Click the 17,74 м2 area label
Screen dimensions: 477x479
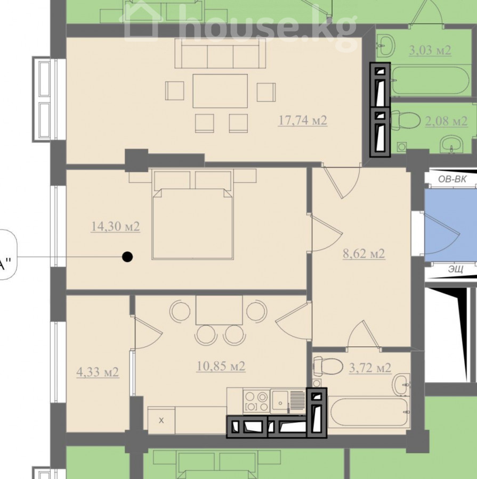[303, 120]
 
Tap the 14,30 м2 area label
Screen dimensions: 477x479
[116, 226]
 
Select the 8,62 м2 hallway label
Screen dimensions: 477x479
[364, 253]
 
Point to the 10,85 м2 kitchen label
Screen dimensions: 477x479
[221, 366]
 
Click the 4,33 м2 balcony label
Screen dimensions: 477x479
[98, 372]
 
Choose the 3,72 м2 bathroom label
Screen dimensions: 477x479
[370, 368]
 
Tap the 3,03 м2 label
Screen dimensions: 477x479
[430, 50]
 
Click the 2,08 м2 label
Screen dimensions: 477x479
[447, 121]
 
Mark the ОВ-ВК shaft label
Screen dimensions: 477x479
[452, 179]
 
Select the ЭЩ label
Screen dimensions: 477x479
[456, 269]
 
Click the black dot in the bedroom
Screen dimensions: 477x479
[127, 257]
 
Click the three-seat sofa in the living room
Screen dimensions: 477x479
[220, 53]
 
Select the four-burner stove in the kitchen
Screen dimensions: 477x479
[257, 401]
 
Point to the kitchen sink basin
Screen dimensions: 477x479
[280, 400]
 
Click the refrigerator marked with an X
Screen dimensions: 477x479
[161, 420]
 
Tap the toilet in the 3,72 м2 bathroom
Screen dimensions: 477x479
[328, 366]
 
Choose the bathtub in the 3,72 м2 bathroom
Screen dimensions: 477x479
[369, 412]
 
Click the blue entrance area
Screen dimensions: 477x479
[451, 226]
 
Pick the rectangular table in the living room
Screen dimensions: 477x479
[220, 90]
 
